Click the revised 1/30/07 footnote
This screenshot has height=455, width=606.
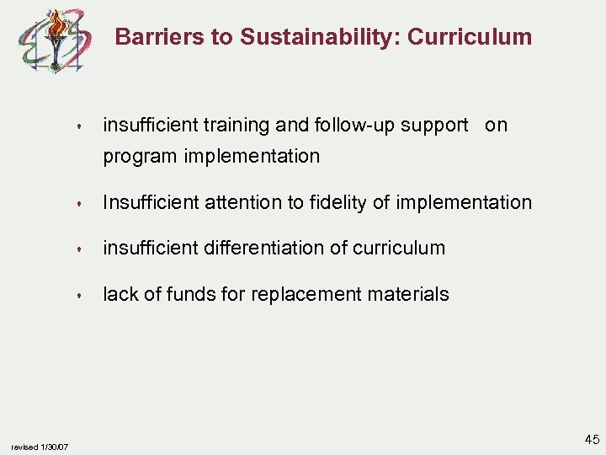click(x=40, y=447)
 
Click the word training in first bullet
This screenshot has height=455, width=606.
click(x=237, y=126)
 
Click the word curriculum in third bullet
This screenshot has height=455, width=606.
click(x=399, y=248)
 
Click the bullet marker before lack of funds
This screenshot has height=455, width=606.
click(x=77, y=296)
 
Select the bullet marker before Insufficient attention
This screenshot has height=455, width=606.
click(x=77, y=204)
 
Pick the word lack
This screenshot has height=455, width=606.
click(x=118, y=294)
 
